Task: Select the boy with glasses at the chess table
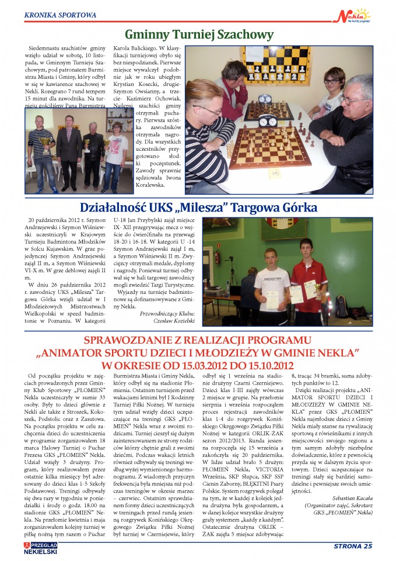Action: [333, 88]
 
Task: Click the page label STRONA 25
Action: [352, 546]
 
